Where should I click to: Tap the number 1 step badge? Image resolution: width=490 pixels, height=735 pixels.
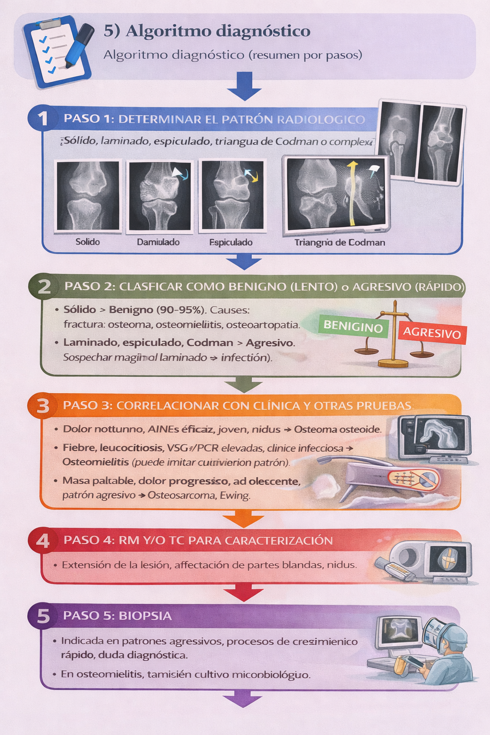point(43,118)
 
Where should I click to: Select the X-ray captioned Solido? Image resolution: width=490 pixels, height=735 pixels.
point(88,196)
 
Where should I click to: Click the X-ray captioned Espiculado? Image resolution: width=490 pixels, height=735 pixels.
point(232,195)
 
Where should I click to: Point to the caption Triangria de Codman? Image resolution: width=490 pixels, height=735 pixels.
point(340,242)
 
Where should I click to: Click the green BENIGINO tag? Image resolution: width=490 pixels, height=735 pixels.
point(353,327)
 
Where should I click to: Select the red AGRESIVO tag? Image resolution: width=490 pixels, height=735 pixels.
point(432,332)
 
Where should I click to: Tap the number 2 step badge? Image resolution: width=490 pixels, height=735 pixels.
point(44,287)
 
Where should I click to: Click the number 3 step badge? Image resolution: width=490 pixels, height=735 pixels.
point(43,406)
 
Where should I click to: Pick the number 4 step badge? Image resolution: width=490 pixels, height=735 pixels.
point(43,541)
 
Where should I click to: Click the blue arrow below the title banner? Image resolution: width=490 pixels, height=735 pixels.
point(245,86)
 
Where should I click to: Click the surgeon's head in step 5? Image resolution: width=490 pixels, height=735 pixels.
point(453,639)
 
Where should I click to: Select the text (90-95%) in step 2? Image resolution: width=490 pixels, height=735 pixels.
point(182,310)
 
